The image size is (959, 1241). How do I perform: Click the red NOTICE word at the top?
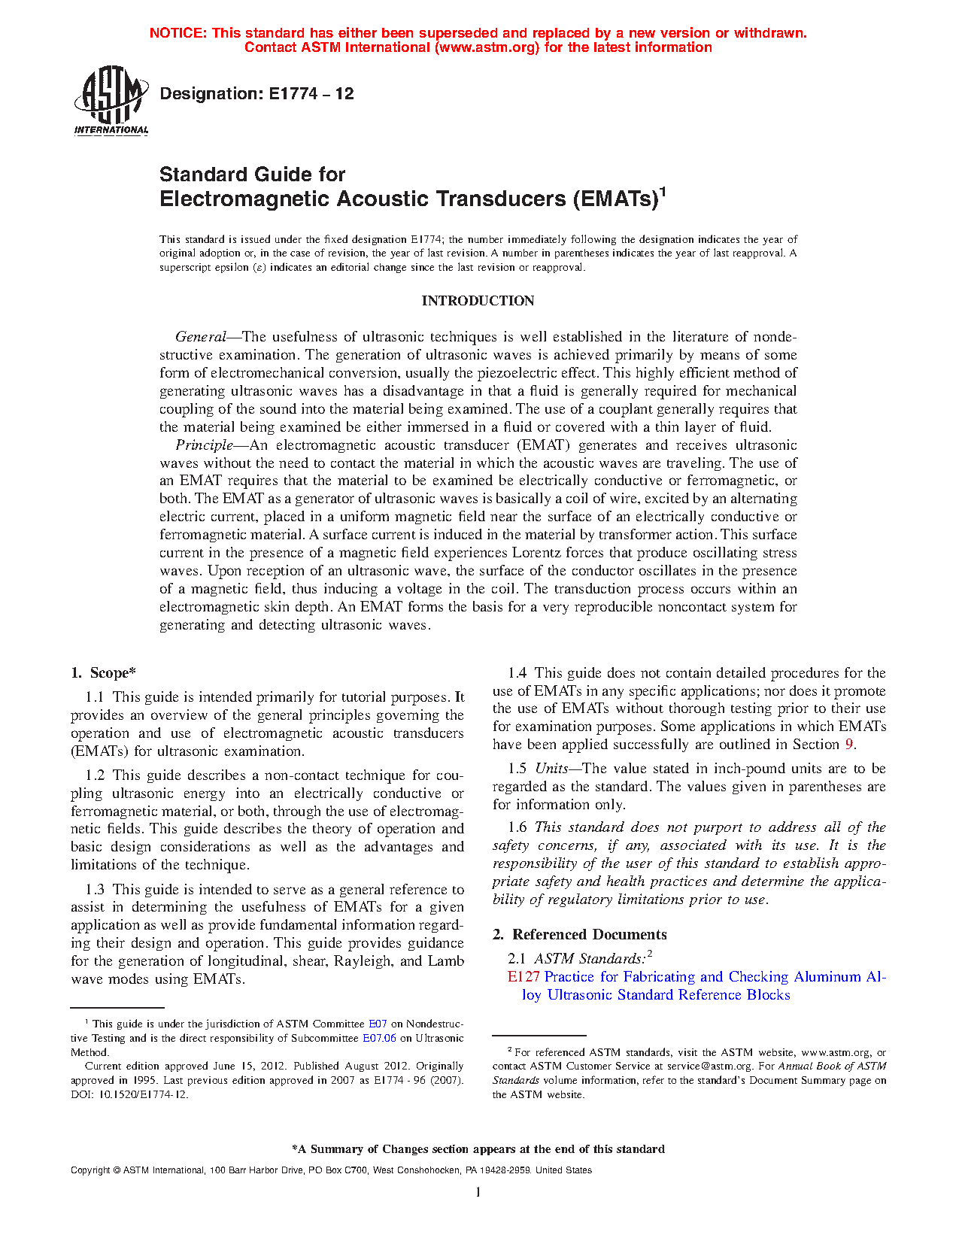pyautogui.click(x=178, y=33)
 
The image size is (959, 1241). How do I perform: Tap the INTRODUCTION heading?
pyautogui.click(x=478, y=301)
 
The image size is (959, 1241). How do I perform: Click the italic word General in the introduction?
pyautogui.click(x=201, y=337)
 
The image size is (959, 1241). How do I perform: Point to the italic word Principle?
pyautogui.click(x=204, y=445)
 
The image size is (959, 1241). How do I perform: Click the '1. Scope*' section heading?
pyautogui.click(x=104, y=673)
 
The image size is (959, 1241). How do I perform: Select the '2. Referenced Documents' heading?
pyautogui.click(x=580, y=935)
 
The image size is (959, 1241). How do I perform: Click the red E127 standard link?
pyautogui.click(x=524, y=977)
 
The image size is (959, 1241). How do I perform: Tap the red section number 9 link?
pyautogui.click(x=849, y=745)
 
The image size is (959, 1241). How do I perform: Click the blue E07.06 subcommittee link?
pyautogui.click(x=379, y=1039)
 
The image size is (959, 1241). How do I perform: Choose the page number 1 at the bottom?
pyautogui.click(x=478, y=1191)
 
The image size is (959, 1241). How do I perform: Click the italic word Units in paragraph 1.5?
pyautogui.click(x=551, y=769)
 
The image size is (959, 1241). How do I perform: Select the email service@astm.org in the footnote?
pyautogui.click(x=709, y=1067)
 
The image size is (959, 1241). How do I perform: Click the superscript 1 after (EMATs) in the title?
pyautogui.click(x=663, y=192)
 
